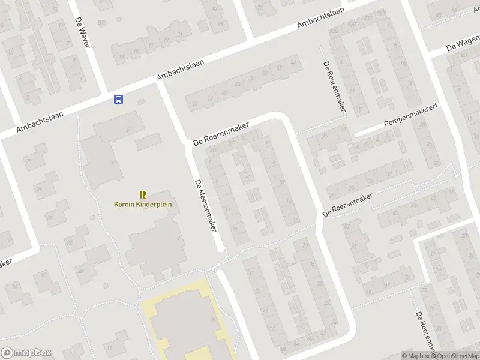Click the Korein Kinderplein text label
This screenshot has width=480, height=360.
pos(143,204)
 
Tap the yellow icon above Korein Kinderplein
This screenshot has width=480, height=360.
pos(143,194)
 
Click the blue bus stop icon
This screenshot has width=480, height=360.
pos(119,99)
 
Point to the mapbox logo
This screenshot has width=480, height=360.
pos(26,353)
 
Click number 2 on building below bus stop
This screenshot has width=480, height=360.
pos(127,131)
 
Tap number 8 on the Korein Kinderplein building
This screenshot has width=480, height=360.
pos(178,238)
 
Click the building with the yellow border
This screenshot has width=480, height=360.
pos(183,321)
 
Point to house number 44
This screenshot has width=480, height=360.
pos(293,62)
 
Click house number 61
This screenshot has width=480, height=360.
pos(354,245)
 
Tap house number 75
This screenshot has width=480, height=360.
pos(425,292)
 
